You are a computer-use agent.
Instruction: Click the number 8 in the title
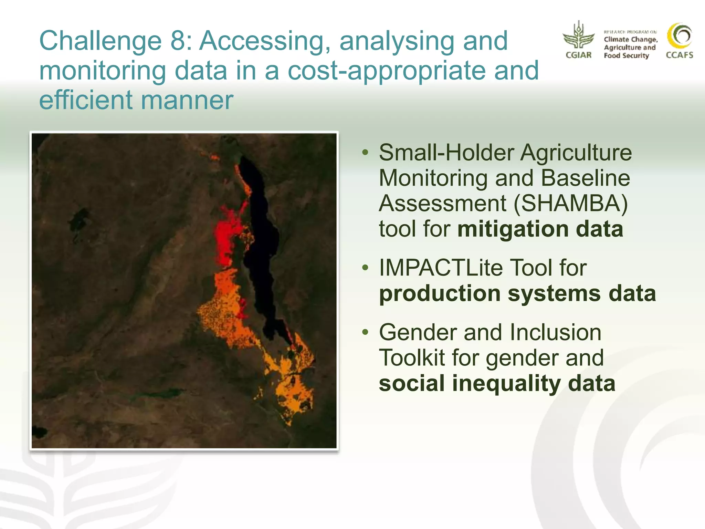(x=178, y=41)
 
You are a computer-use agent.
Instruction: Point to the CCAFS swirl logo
(x=680, y=36)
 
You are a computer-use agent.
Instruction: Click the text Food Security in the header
(x=626, y=56)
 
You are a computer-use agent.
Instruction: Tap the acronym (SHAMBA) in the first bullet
(x=570, y=203)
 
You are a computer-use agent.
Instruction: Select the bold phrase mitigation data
(x=540, y=229)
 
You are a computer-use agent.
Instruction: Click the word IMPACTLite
(x=440, y=268)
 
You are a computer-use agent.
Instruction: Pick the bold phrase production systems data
(x=517, y=293)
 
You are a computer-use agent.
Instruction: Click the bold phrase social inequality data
(x=497, y=383)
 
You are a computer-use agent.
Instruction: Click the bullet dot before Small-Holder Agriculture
(x=365, y=152)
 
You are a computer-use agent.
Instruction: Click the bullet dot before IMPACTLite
(x=365, y=268)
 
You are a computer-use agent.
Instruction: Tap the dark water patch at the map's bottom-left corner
(x=39, y=432)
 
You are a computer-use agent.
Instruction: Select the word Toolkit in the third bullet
(x=412, y=358)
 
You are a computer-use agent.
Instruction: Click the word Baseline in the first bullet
(x=585, y=178)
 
